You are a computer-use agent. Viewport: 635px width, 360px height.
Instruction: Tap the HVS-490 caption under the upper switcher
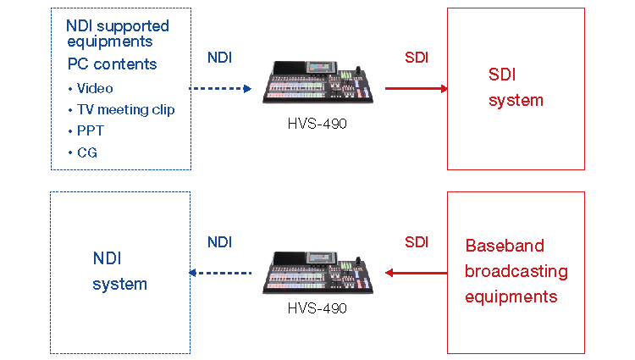317,123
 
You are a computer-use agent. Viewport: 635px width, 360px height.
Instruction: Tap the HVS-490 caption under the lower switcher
317,308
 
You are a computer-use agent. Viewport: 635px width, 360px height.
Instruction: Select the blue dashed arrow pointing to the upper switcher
219,88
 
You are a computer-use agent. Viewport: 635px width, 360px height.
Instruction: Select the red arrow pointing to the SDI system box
416,88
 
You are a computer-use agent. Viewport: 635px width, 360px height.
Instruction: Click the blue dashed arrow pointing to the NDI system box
219,273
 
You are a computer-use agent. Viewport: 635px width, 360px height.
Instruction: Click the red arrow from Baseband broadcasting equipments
416,273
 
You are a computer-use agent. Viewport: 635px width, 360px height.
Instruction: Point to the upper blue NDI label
219,58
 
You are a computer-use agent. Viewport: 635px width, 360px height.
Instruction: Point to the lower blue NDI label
219,242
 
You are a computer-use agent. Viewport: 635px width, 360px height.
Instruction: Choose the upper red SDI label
417,58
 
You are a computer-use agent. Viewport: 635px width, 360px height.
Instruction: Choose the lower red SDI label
417,242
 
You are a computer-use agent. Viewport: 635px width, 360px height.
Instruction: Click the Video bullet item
94,88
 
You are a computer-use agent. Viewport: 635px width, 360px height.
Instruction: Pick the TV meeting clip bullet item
125,109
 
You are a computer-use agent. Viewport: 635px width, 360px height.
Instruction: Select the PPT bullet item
90,131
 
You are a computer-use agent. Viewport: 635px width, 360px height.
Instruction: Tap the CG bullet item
86,152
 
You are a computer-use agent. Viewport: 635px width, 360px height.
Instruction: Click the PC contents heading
112,64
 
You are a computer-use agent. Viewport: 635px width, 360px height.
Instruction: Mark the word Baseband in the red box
505,246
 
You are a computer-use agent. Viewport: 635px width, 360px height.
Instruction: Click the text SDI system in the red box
516,87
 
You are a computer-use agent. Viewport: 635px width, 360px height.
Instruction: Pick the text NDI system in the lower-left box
119,271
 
